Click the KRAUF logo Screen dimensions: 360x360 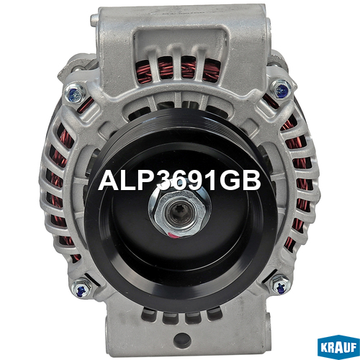click(x=338, y=347)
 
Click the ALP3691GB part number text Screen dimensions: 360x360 click(x=179, y=181)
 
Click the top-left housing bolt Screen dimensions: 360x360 click(x=75, y=94)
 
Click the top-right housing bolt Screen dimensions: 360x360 click(x=282, y=90)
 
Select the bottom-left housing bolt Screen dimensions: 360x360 click(x=81, y=289)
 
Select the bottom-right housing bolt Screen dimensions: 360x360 click(x=280, y=285)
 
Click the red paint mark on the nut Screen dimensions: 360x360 click(x=174, y=235)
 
